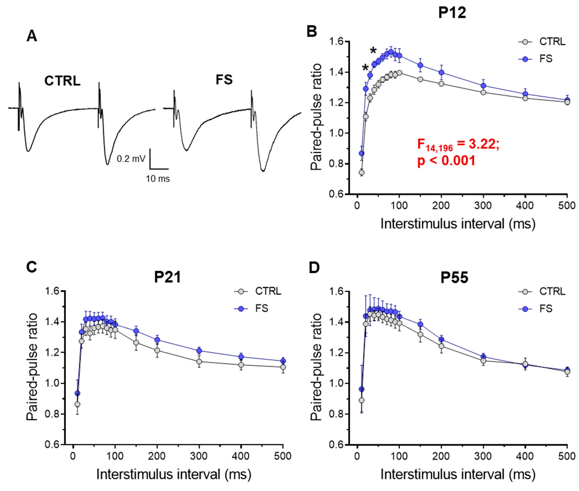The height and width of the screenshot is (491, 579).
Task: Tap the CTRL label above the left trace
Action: (x=62, y=81)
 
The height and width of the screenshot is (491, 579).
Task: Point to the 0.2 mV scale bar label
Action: (x=131, y=159)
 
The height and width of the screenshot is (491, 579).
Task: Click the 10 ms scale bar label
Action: (x=158, y=179)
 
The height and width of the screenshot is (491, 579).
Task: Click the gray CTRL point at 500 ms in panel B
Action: (x=567, y=102)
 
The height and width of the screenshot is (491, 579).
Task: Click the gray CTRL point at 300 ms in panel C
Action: (x=199, y=362)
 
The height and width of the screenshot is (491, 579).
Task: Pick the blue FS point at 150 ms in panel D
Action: (x=420, y=324)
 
